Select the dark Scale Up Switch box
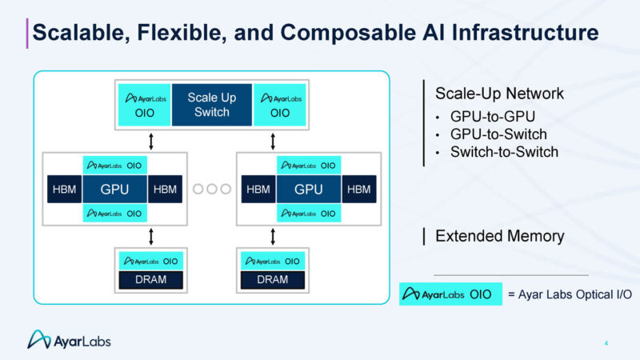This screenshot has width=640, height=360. point(212,105)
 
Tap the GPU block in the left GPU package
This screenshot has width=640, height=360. point(115,190)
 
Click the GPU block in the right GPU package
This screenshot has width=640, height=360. point(309,190)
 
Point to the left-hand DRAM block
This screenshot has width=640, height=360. point(150,280)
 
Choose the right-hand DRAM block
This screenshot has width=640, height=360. point(274,280)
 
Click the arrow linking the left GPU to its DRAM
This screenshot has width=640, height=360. point(150,236)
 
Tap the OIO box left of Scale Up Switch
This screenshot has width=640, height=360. point(144,105)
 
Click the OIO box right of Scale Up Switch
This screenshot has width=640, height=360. point(280,105)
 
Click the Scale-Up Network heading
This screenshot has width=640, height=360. point(499,94)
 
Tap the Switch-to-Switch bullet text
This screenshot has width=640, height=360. point(504,151)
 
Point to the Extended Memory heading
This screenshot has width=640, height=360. point(499,236)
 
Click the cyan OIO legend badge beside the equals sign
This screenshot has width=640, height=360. point(450,294)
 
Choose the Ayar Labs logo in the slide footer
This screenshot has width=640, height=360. point(70,340)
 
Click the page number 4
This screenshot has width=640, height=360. point(606,344)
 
